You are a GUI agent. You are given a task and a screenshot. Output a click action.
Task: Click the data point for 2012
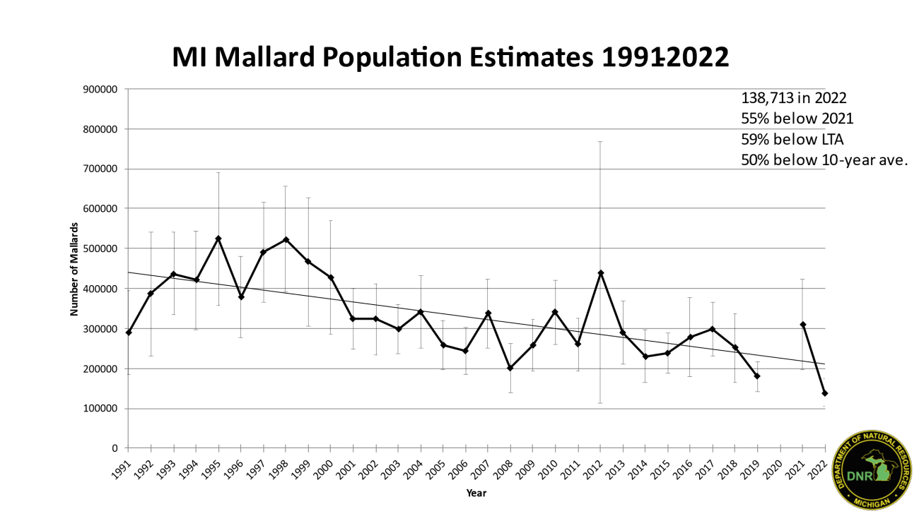[x=600, y=273]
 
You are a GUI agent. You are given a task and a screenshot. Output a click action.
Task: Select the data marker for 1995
[x=218, y=239]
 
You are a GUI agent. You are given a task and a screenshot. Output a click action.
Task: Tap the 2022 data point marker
[x=825, y=393]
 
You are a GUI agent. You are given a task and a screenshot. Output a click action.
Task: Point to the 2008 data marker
[x=510, y=368]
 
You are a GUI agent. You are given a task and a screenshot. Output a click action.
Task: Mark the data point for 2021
[x=803, y=325]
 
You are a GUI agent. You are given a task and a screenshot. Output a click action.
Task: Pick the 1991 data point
[x=129, y=332]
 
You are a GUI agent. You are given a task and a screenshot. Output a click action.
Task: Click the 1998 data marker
[x=286, y=240]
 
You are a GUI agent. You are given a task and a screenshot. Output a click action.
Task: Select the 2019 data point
[x=757, y=376]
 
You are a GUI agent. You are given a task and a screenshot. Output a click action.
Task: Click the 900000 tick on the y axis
[x=101, y=90]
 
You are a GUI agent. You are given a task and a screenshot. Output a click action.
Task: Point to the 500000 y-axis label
[x=101, y=249]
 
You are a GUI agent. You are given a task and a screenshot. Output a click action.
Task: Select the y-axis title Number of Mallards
[x=74, y=269]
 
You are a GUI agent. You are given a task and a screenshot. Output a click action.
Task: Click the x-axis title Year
[x=476, y=493]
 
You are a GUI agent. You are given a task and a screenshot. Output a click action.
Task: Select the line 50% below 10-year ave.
[x=824, y=160]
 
